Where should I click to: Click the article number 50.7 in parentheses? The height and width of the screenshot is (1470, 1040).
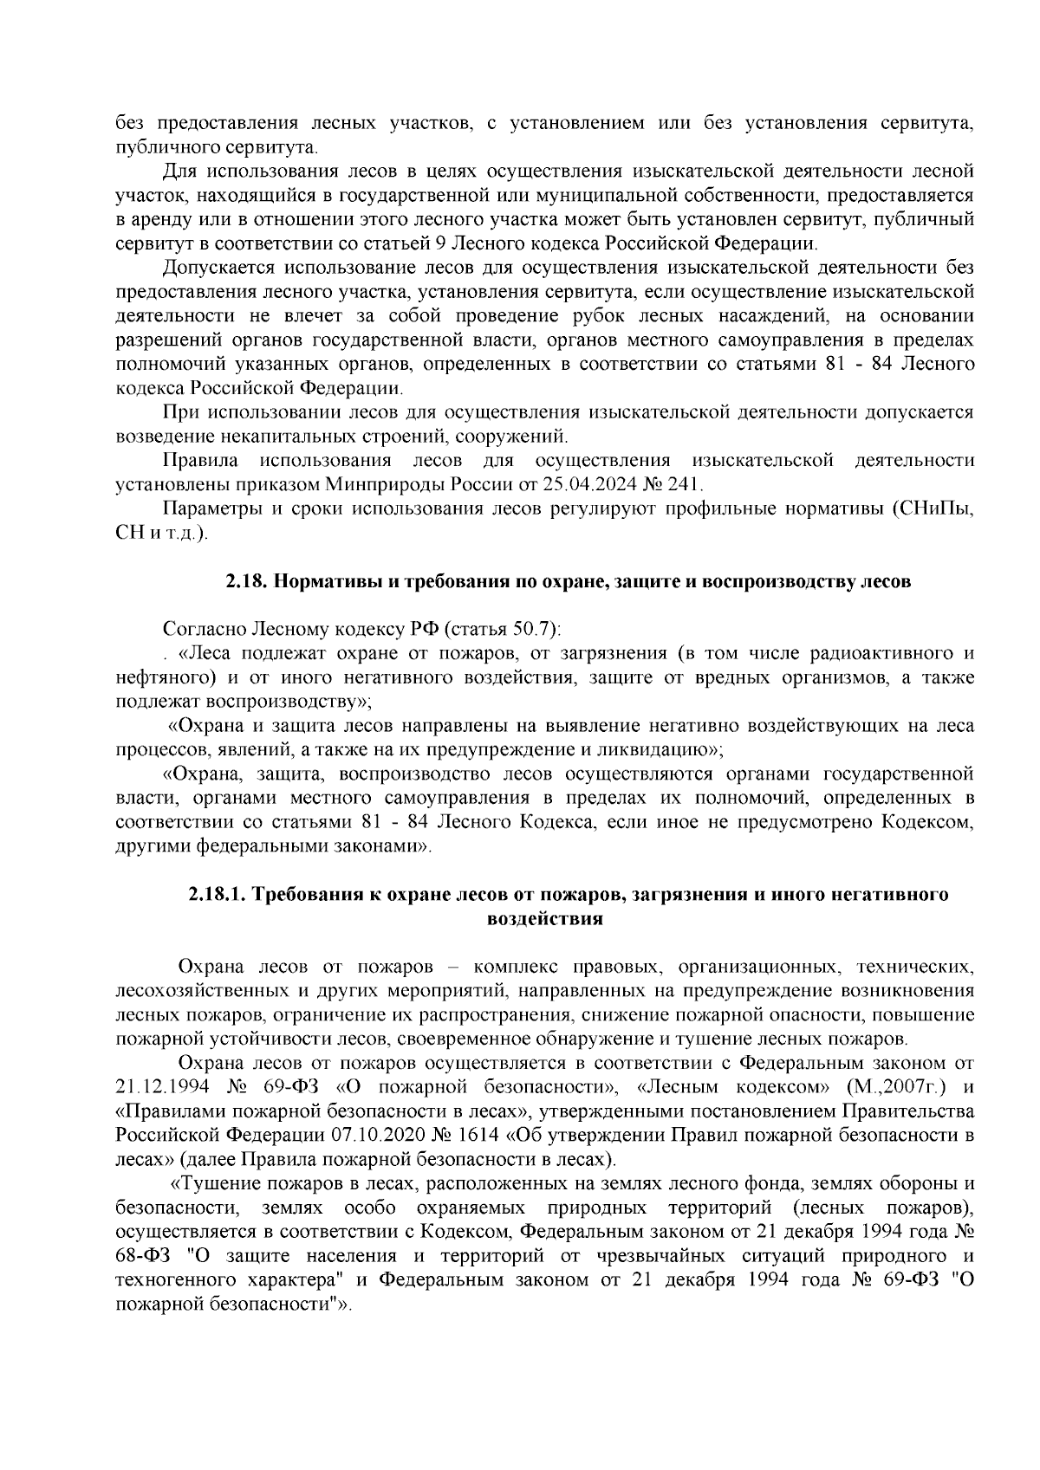click(x=535, y=628)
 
